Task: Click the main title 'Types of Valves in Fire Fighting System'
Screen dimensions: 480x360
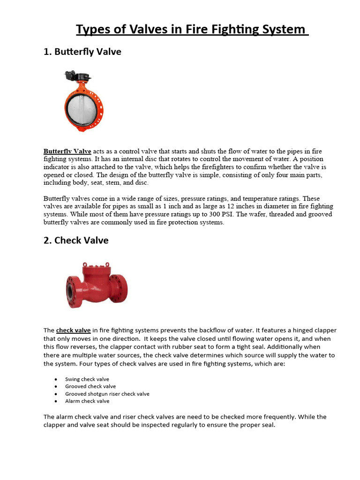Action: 192,30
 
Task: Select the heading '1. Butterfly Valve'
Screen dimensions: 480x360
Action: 82,52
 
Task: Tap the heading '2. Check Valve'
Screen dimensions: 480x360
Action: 76,240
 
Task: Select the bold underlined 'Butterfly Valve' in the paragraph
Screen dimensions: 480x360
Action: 67,151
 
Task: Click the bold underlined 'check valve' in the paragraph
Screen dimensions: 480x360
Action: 73,330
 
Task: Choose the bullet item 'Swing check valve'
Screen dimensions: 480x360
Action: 87,379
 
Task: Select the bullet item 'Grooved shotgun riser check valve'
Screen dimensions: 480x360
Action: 107,394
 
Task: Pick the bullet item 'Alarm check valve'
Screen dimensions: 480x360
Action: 87,401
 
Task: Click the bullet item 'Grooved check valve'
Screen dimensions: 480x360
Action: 90,387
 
